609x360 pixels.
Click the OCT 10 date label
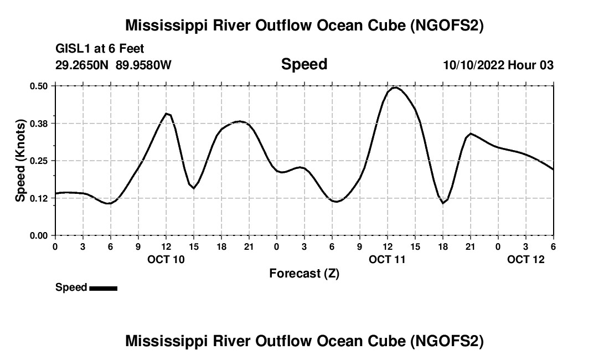[x=166, y=259]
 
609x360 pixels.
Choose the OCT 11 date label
[x=388, y=259]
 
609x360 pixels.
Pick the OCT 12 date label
[x=526, y=259]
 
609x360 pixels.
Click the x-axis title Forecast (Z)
[x=304, y=274]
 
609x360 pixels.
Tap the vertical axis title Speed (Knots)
[x=20, y=160]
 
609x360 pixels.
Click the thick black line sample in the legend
[x=103, y=288]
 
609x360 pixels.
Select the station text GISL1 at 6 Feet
[x=100, y=49]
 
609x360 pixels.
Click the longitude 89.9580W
[x=143, y=65]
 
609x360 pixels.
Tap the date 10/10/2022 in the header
[x=473, y=65]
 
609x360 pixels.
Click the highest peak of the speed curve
[x=395, y=88]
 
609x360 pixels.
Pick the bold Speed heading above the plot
[x=304, y=64]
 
